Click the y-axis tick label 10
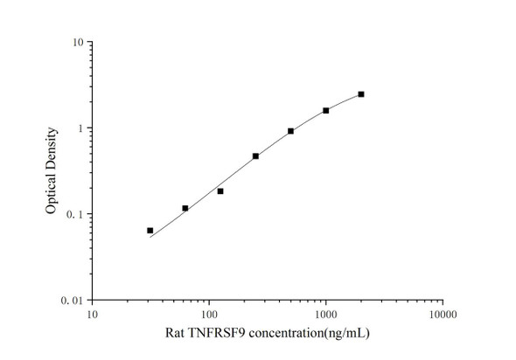coord(78,43)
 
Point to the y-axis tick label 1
coord(80,128)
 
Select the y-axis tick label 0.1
coord(76,215)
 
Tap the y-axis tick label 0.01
coord(73,301)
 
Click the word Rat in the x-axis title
coord(175,334)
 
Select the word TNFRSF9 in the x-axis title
coord(214,334)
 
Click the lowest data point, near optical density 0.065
coord(150,231)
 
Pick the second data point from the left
coord(185,208)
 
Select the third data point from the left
coord(220,190)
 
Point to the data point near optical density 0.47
coord(255,156)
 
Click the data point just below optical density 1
coord(290,131)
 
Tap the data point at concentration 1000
coord(326,110)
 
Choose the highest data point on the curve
coord(361,93)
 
